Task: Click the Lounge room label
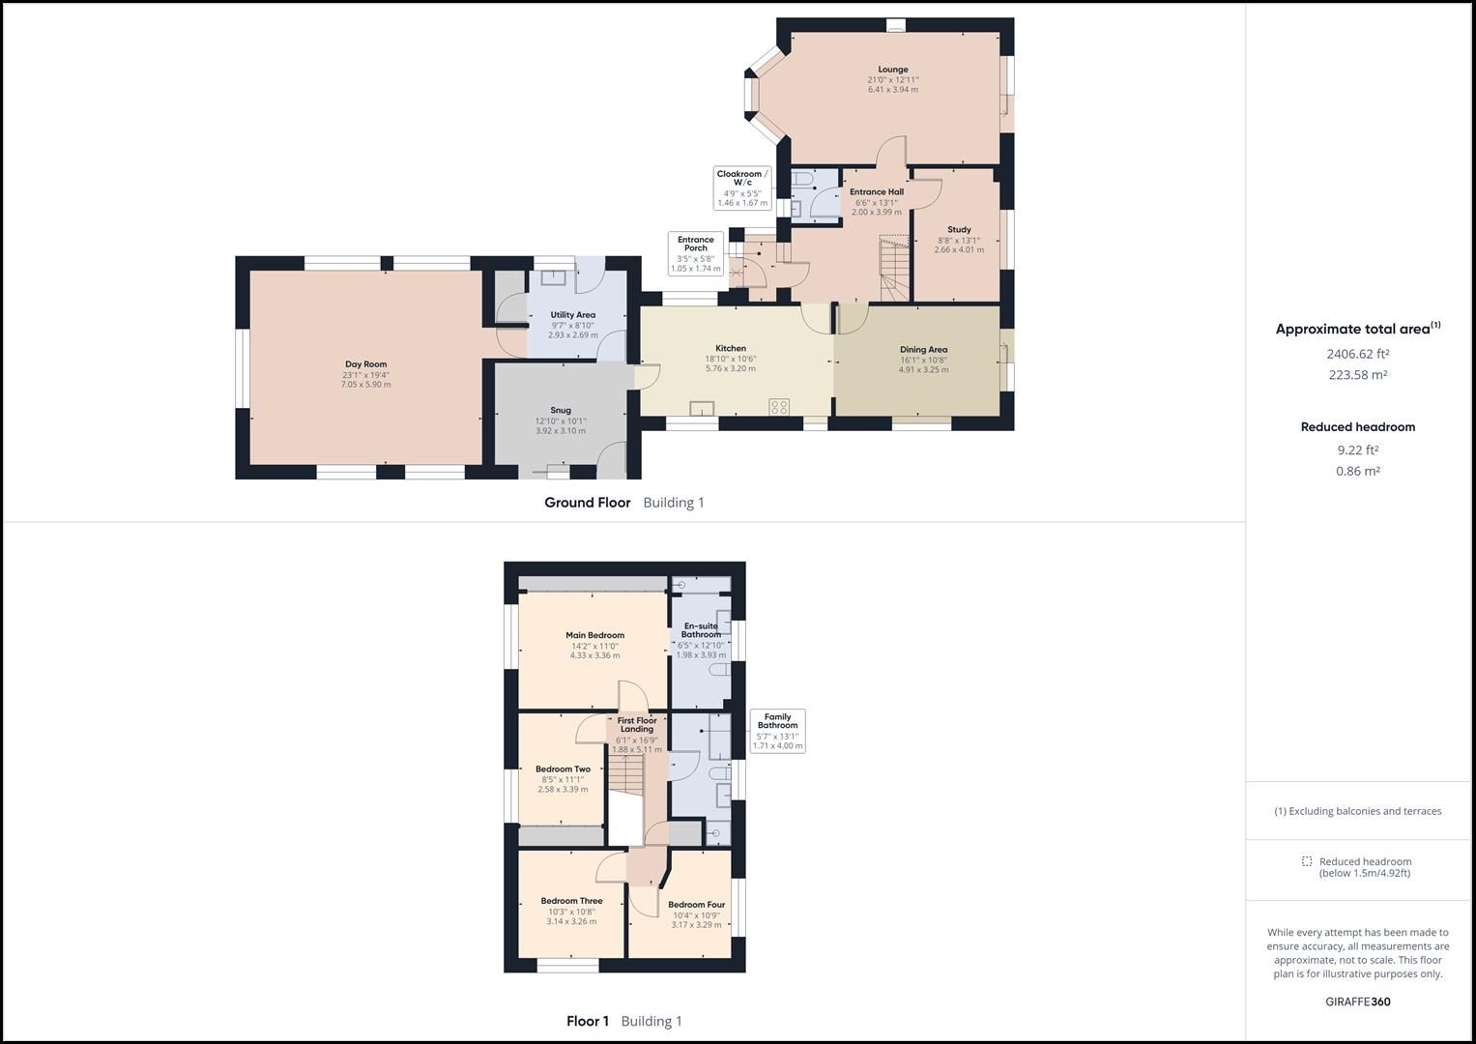click(x=892, y=70)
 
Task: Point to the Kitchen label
click(x=731, y=348)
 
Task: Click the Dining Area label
click(x=923, y=349)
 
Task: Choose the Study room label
click(x=959, y=230)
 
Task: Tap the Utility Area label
click(x=573, y=315)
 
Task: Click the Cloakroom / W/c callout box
click(x=742, y=188)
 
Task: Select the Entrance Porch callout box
click(x=696, y=253)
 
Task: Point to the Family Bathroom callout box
click(x=777, y=731)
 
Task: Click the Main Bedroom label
click(x=594, y=635)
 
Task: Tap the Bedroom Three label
click(x=571, y=901)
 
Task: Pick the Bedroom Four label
click(x=696, y=905)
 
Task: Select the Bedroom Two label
click(x=563, y=769)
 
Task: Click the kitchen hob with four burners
click(x=779, y=407)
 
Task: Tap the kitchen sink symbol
click(x=701, y=408)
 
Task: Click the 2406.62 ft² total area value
click(x=1357, y=354)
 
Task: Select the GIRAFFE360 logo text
click(x=1357, y=1001)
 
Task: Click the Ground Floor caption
click(x=587, y=503)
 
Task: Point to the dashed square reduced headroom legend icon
click(x=1307, y=861)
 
